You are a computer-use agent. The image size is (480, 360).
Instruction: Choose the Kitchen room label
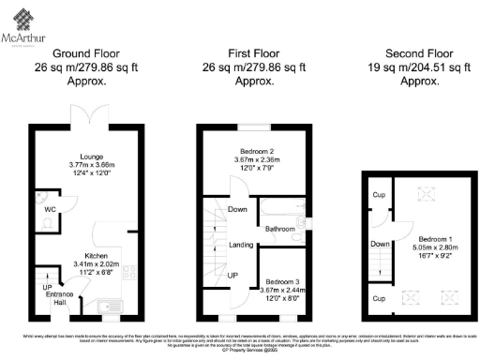[98, 255]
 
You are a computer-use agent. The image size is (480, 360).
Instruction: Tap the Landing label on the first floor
[241, 247]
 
